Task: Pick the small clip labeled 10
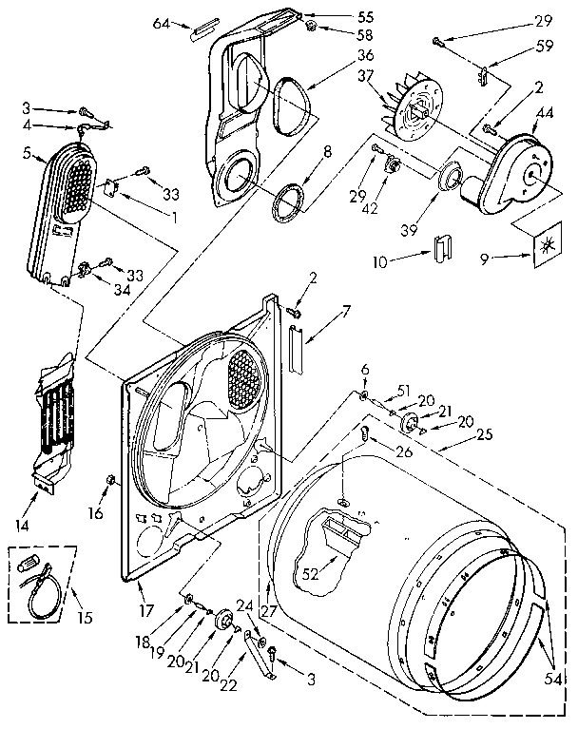(x=439, y=249)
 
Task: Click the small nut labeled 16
(x=111, y=478)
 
